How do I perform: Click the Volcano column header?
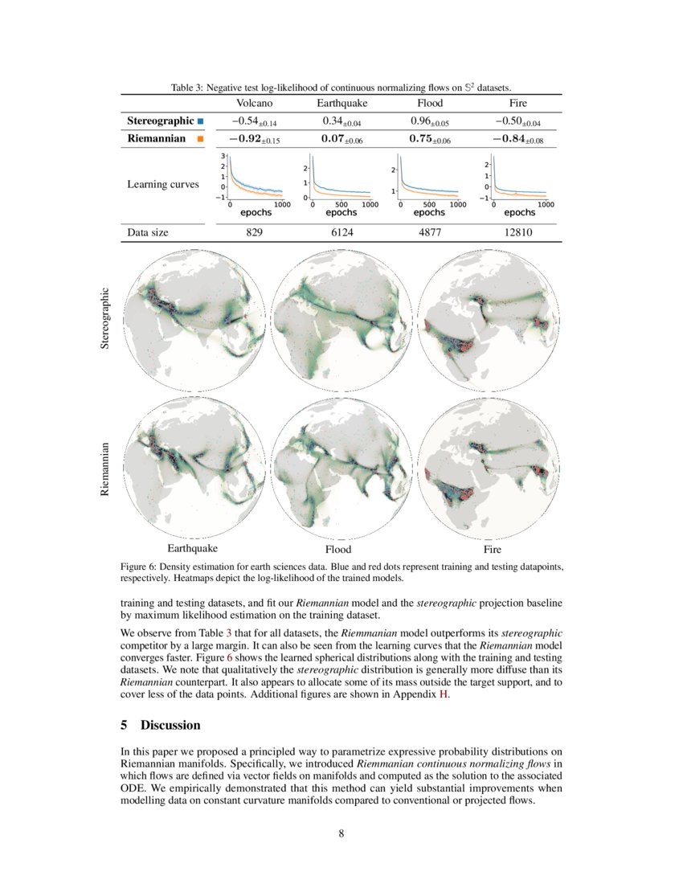(255, 104)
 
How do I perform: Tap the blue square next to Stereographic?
(200, 121)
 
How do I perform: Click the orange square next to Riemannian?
(200, 139)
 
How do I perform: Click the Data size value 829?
(255, 233)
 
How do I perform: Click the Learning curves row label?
(163, 184)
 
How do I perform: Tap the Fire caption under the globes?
(493, 550)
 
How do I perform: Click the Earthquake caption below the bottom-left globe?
(192, 549)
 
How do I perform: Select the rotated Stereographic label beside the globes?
(104, 319)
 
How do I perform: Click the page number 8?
(341, 833)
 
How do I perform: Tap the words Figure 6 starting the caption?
(138, 567)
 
